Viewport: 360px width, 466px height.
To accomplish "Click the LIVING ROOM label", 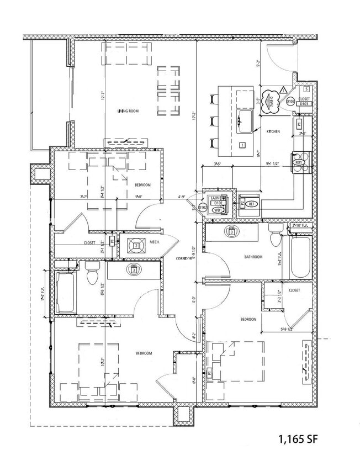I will coord(128,111).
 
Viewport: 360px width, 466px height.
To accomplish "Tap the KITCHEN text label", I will coord(273,131).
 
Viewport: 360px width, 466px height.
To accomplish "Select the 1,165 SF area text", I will coord(298,439).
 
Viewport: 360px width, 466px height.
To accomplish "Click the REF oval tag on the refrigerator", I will coord(252,204).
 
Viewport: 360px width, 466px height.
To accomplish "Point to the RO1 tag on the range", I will coord(299,163).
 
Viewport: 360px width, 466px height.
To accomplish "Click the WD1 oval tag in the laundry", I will coord(218,210).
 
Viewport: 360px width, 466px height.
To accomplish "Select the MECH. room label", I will coord(155,242).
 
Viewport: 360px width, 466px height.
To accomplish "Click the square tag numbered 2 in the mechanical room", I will coord(135,245).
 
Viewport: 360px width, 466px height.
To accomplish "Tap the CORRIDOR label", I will coord(184,258).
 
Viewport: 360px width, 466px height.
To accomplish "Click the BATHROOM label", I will coord(253,257).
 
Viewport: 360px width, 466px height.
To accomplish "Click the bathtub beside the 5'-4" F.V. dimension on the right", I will coord(301,257).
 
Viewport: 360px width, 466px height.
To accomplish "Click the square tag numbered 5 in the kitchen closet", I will coord(306,89).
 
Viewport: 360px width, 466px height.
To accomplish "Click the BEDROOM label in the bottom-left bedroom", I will coord(144,353).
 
